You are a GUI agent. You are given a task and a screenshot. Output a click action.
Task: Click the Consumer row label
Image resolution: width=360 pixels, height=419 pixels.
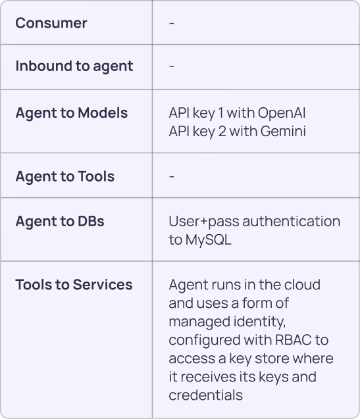(x=51, y=23)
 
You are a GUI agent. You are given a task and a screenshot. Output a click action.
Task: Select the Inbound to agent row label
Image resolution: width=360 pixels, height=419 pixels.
(x=74, y=66)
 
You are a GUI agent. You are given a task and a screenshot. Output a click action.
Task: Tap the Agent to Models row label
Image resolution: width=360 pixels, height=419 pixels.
(x=71, y=113)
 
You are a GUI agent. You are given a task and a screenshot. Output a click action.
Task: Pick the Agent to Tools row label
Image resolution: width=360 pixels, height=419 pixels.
(x=64, y=176)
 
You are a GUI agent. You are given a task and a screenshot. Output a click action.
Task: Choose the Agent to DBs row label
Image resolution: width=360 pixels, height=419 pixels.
(x=60, y=221)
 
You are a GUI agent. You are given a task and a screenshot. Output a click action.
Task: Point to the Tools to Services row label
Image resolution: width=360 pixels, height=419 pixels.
(x=74, y=285)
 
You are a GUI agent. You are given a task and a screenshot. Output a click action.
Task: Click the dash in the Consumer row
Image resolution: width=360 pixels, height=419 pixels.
(x=172, y=24)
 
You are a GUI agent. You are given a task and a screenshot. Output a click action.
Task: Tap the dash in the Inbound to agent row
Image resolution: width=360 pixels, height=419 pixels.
(x=172, y=66)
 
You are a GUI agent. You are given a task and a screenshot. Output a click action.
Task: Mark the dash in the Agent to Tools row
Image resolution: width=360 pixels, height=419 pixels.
(x=172, y=177)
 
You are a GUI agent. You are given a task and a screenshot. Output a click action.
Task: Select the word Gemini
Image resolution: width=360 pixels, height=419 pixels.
(x=283, y=132)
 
